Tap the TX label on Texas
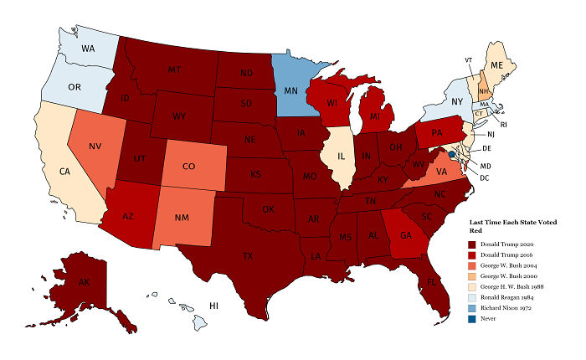(247, 255)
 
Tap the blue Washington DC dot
(451, 154)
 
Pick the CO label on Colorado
(188, 166)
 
